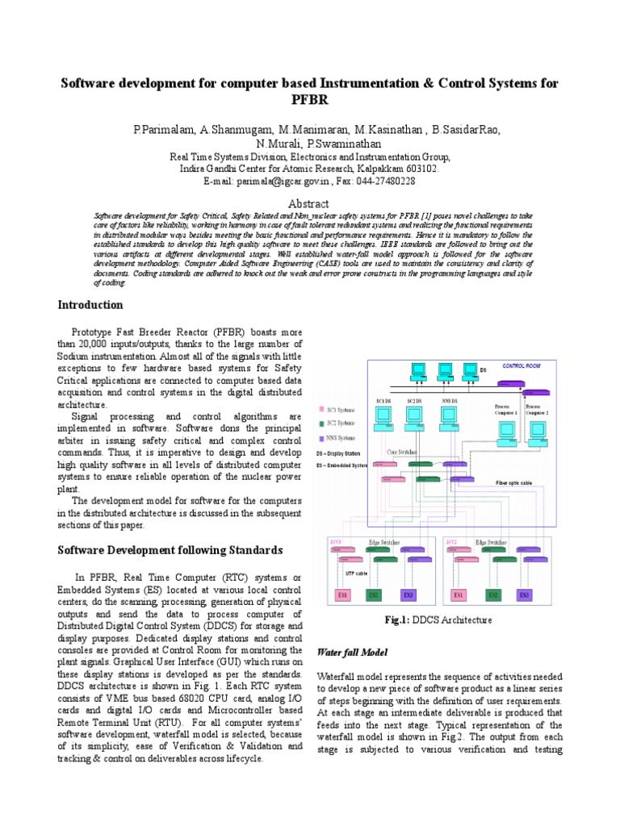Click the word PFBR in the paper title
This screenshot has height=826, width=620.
point(309,100)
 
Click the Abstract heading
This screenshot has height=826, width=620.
point(309,204)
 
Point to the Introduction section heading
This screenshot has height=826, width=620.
point(90,305)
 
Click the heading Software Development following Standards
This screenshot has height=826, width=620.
point(170,550)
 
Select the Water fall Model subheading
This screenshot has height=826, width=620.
point(352,652)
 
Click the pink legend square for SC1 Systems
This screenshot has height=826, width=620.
point(323,409)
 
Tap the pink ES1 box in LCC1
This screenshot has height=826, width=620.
point(340,595)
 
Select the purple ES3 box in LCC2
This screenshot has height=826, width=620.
point(525,595)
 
